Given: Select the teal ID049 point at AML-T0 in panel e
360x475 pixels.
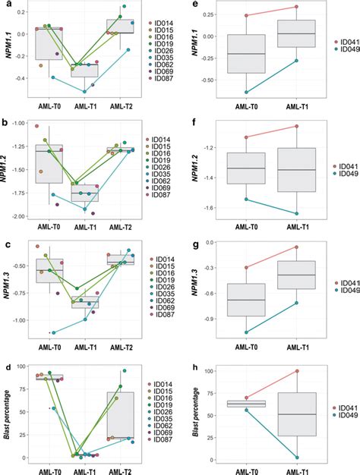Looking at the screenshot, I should [246, 93].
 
